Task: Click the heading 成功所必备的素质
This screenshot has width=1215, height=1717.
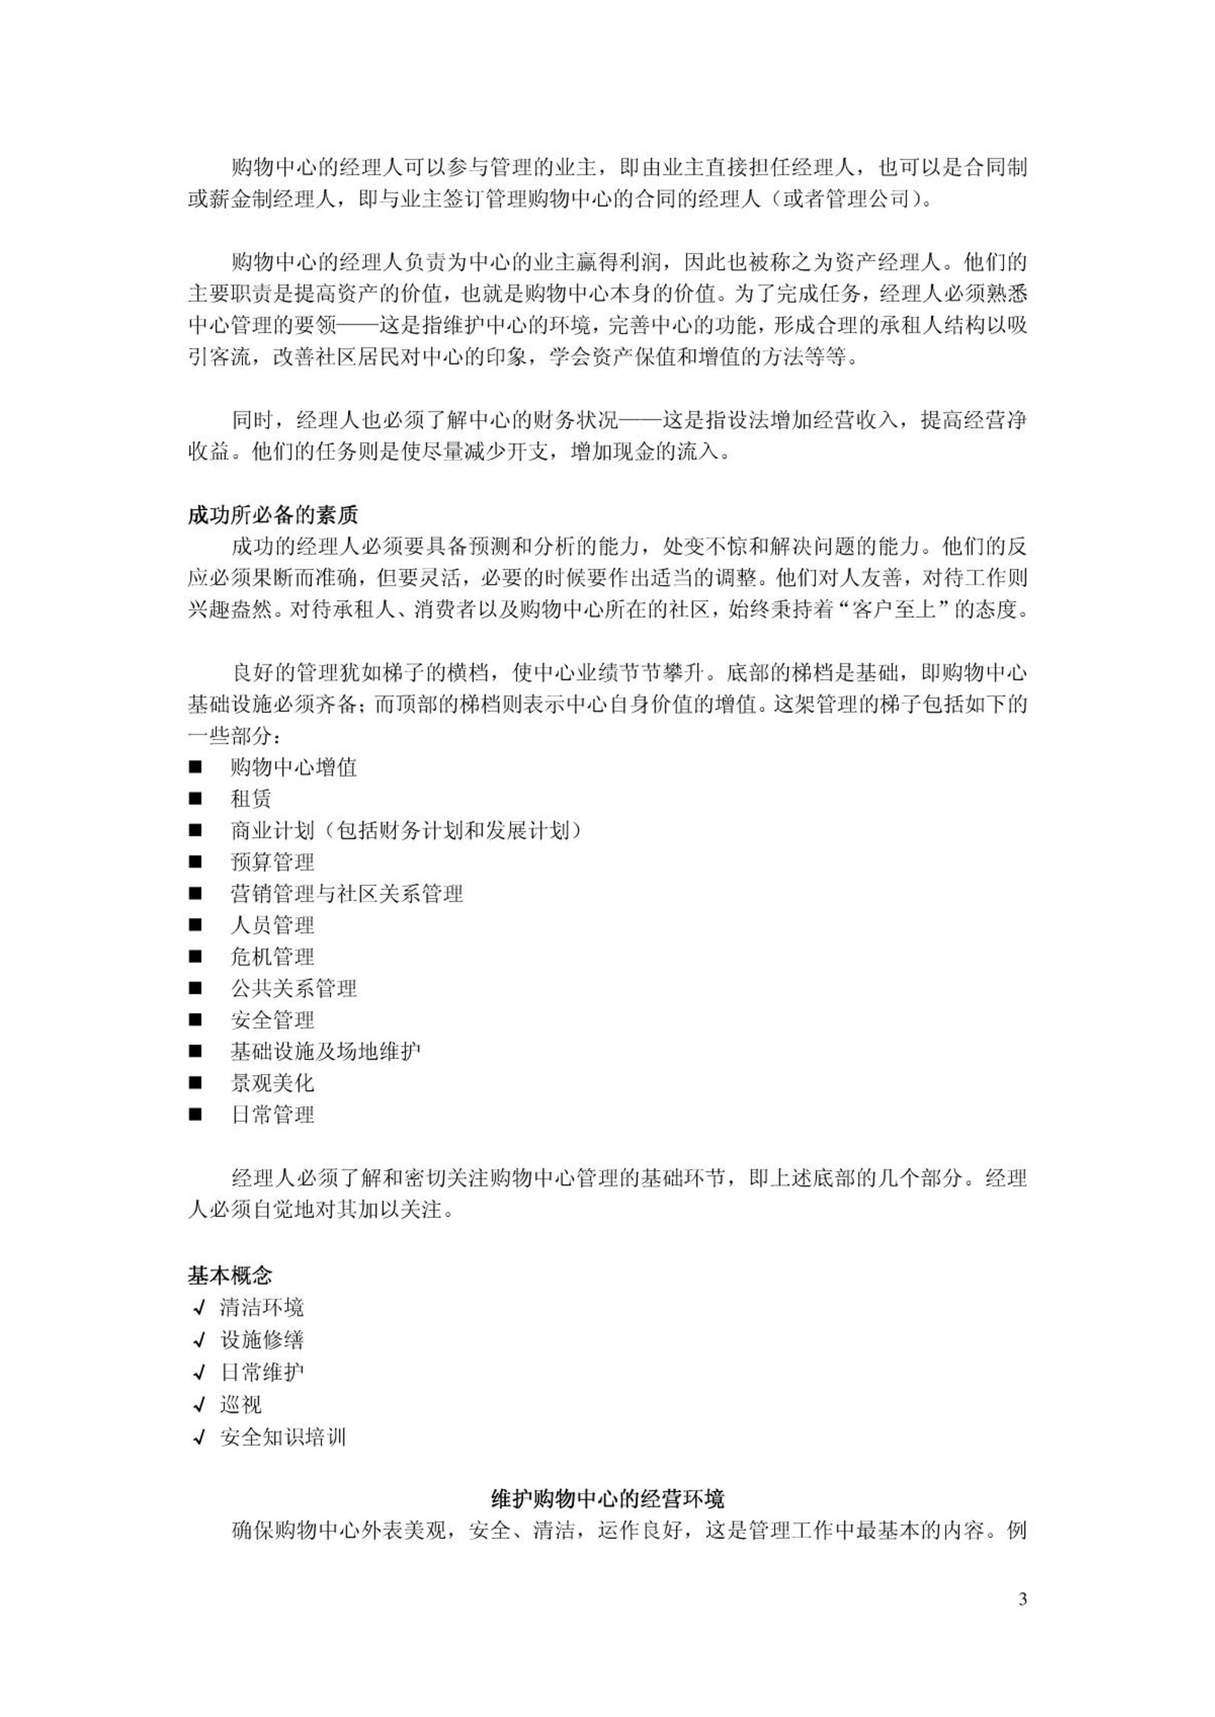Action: coord(272,515)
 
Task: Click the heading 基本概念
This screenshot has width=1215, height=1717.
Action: coord(229,1276)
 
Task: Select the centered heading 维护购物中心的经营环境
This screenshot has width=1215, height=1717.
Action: coord(607,1499)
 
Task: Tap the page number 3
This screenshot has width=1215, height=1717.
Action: coord(1022,1599)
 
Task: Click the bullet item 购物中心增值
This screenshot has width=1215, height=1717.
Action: coord(293,767)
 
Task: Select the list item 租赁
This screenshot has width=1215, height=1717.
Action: coord(251,799)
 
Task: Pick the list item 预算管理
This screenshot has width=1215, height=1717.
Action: coord(272,862)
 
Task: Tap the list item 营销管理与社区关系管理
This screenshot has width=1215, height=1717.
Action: coord(347,894)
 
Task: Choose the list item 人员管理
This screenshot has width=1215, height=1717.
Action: coord(272,926)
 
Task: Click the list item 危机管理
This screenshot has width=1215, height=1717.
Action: coord(272,957)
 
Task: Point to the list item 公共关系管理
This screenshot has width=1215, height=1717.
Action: coord(293,989)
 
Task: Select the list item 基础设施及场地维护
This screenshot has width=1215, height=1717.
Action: coord(325,1052)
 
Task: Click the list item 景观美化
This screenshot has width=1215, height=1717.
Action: coord(272,1083)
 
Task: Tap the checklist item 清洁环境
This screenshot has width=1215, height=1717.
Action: coord(261,1308)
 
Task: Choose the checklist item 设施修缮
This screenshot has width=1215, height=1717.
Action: coord(261,1340)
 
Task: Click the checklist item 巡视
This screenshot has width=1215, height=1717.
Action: coord(240,1404)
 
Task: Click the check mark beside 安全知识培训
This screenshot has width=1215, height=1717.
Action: coord(199,1437)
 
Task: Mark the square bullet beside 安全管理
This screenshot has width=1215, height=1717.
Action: coord(196,1020)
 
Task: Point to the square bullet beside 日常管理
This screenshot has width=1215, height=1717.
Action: coord(196,1115)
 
